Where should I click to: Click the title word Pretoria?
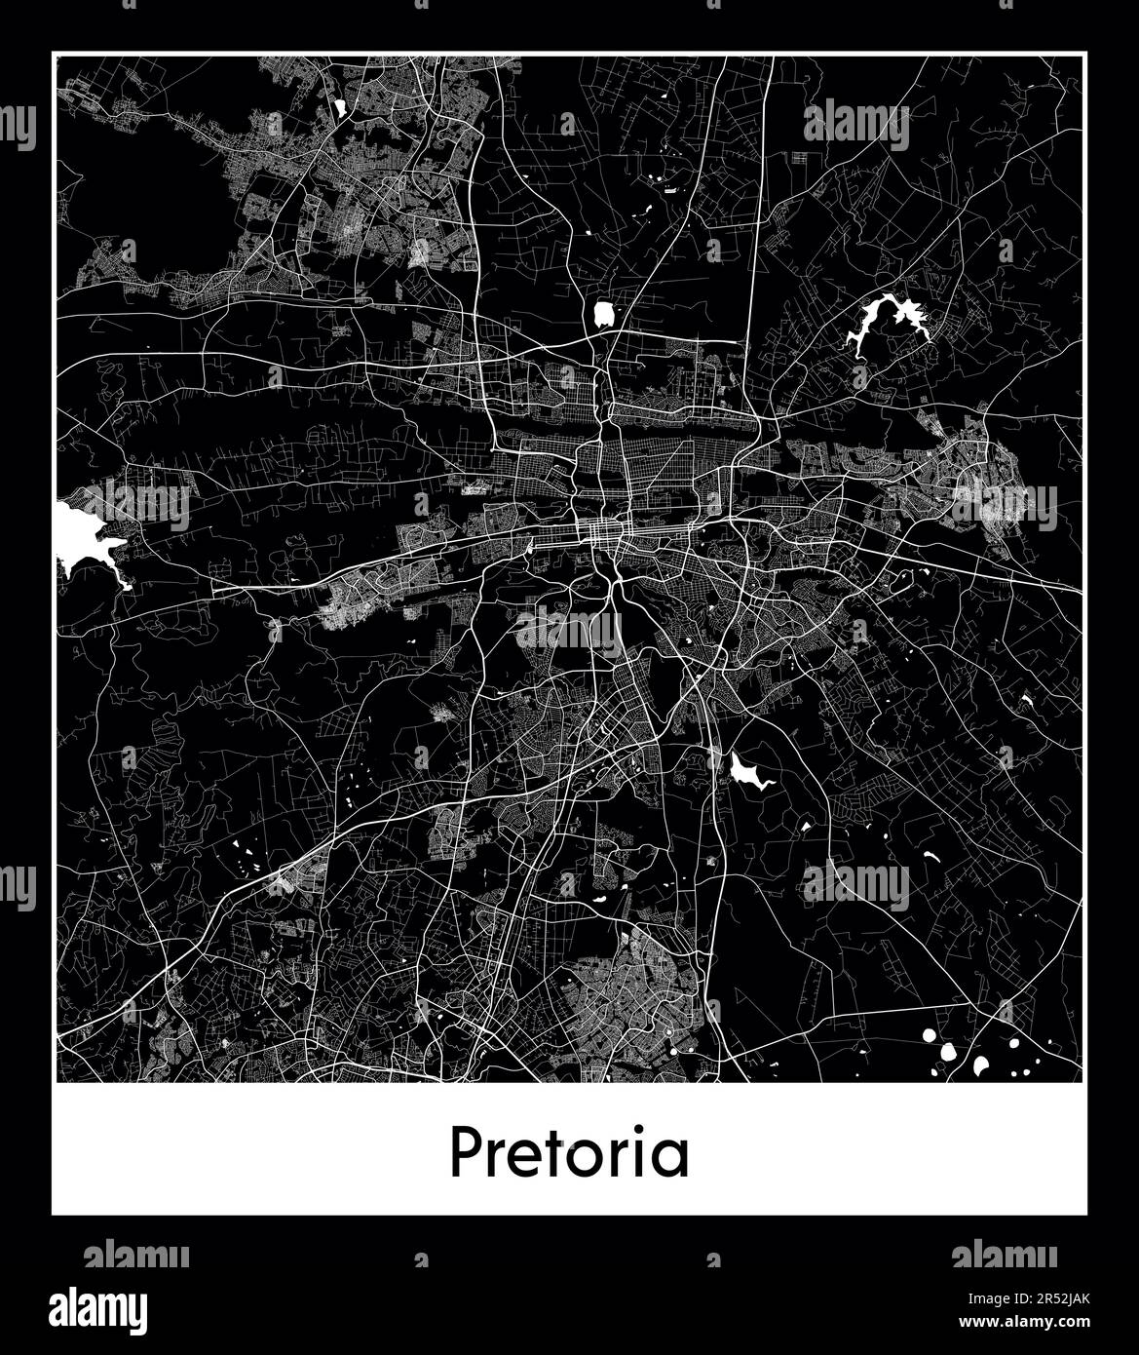pyautogui.click(x=569, y=1153)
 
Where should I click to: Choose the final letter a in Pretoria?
pyautogui.click(x=671, y=1160)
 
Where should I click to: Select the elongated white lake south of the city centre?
pyautogui.click(x=747, y=773)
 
